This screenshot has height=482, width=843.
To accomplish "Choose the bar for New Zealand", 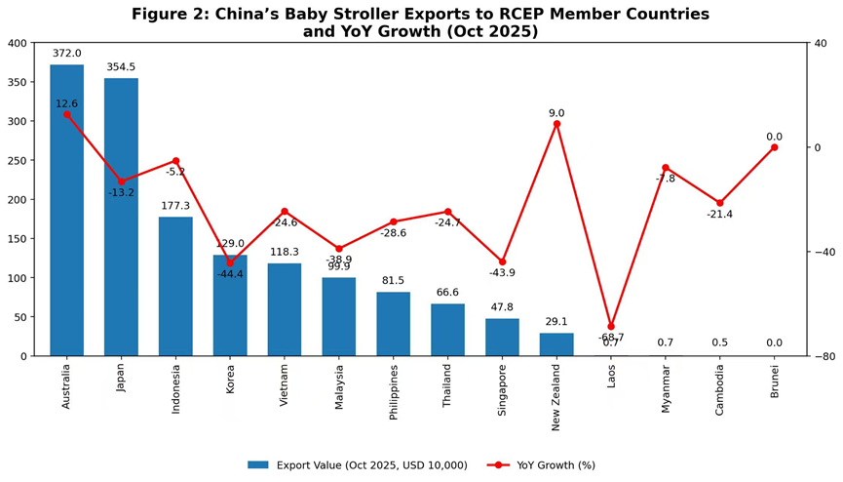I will coord(556,344).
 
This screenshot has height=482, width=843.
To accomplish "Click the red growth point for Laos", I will coord(611,327).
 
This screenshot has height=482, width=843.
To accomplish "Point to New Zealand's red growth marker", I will coord(556,124).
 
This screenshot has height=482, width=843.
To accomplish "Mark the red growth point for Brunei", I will coord(775,147).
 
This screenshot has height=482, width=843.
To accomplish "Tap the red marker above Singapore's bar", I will coord(502,261).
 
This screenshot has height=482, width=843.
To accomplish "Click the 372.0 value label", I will coord(66,54).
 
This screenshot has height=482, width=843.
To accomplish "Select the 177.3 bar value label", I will coord(175,206).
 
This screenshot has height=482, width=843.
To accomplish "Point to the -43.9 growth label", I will coord(502,273).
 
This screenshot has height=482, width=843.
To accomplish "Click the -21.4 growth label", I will coord(720,215).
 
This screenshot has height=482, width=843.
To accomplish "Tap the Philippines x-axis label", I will coord(394,392).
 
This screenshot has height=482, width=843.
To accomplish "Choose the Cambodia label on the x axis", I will coord(720,390).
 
